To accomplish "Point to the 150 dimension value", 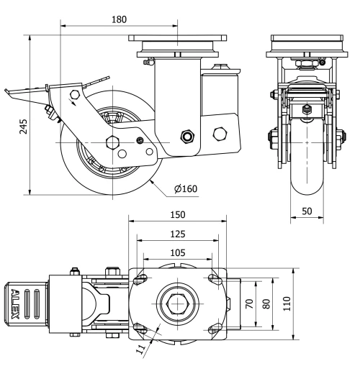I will (178, 215).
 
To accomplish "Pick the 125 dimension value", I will (178, 234).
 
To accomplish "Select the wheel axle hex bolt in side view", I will (112, 142).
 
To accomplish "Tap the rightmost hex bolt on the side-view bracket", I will (221, 134).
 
